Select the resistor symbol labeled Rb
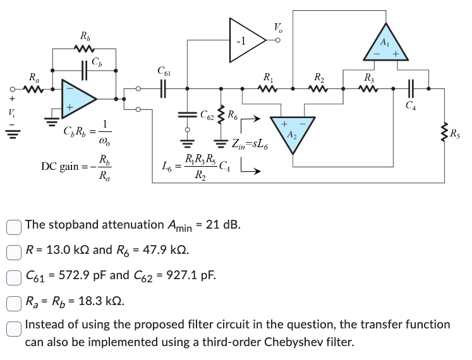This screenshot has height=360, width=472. pos(83,49)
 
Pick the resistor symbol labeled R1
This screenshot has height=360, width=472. pos(268,89)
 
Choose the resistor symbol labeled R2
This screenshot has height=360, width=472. pos(320,89)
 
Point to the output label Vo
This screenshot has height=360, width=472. pos(279,28)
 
